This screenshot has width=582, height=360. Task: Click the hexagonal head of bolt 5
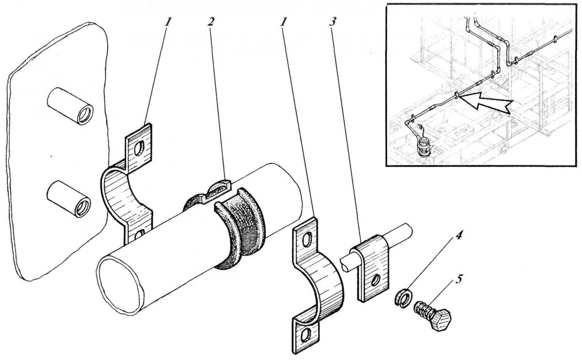click(442, 320)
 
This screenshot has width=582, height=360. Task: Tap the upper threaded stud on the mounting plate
click(70, 106)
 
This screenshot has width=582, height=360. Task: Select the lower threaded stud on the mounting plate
click(69, 199)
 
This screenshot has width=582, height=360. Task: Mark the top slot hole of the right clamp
click(307, 239)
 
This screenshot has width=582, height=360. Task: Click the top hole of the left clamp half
click(139, 148)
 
